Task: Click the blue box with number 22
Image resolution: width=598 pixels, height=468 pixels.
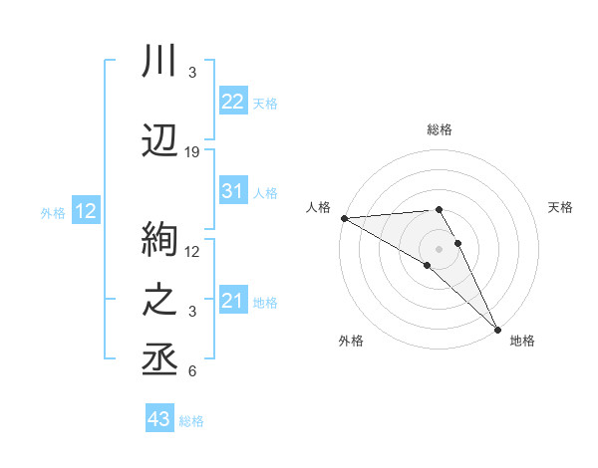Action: [232, 102]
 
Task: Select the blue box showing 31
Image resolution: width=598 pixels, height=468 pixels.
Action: [232, 191]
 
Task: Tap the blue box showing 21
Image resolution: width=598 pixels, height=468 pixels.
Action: [232, 301]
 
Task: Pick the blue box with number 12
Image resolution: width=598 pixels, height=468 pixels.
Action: [85, 211]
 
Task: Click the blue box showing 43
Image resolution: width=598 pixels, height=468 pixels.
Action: [158, 419]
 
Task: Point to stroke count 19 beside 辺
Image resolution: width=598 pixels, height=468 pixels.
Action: [192, 151]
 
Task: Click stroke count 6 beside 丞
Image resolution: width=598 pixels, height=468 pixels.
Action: [192, 371]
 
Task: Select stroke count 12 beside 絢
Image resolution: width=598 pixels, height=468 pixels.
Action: [192, 251]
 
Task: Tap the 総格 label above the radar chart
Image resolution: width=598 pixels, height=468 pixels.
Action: [439, 129]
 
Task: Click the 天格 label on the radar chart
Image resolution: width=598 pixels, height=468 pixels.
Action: [561, 207]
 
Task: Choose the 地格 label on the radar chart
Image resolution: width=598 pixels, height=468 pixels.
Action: [522, 341]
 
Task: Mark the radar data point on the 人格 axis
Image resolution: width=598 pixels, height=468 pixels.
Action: [344, 217]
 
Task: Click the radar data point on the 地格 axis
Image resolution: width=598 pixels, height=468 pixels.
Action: [496, 328]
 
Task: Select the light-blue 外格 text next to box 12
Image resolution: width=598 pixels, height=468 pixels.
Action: [52, 212]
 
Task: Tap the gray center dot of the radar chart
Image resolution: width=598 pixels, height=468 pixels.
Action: [439, 247]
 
